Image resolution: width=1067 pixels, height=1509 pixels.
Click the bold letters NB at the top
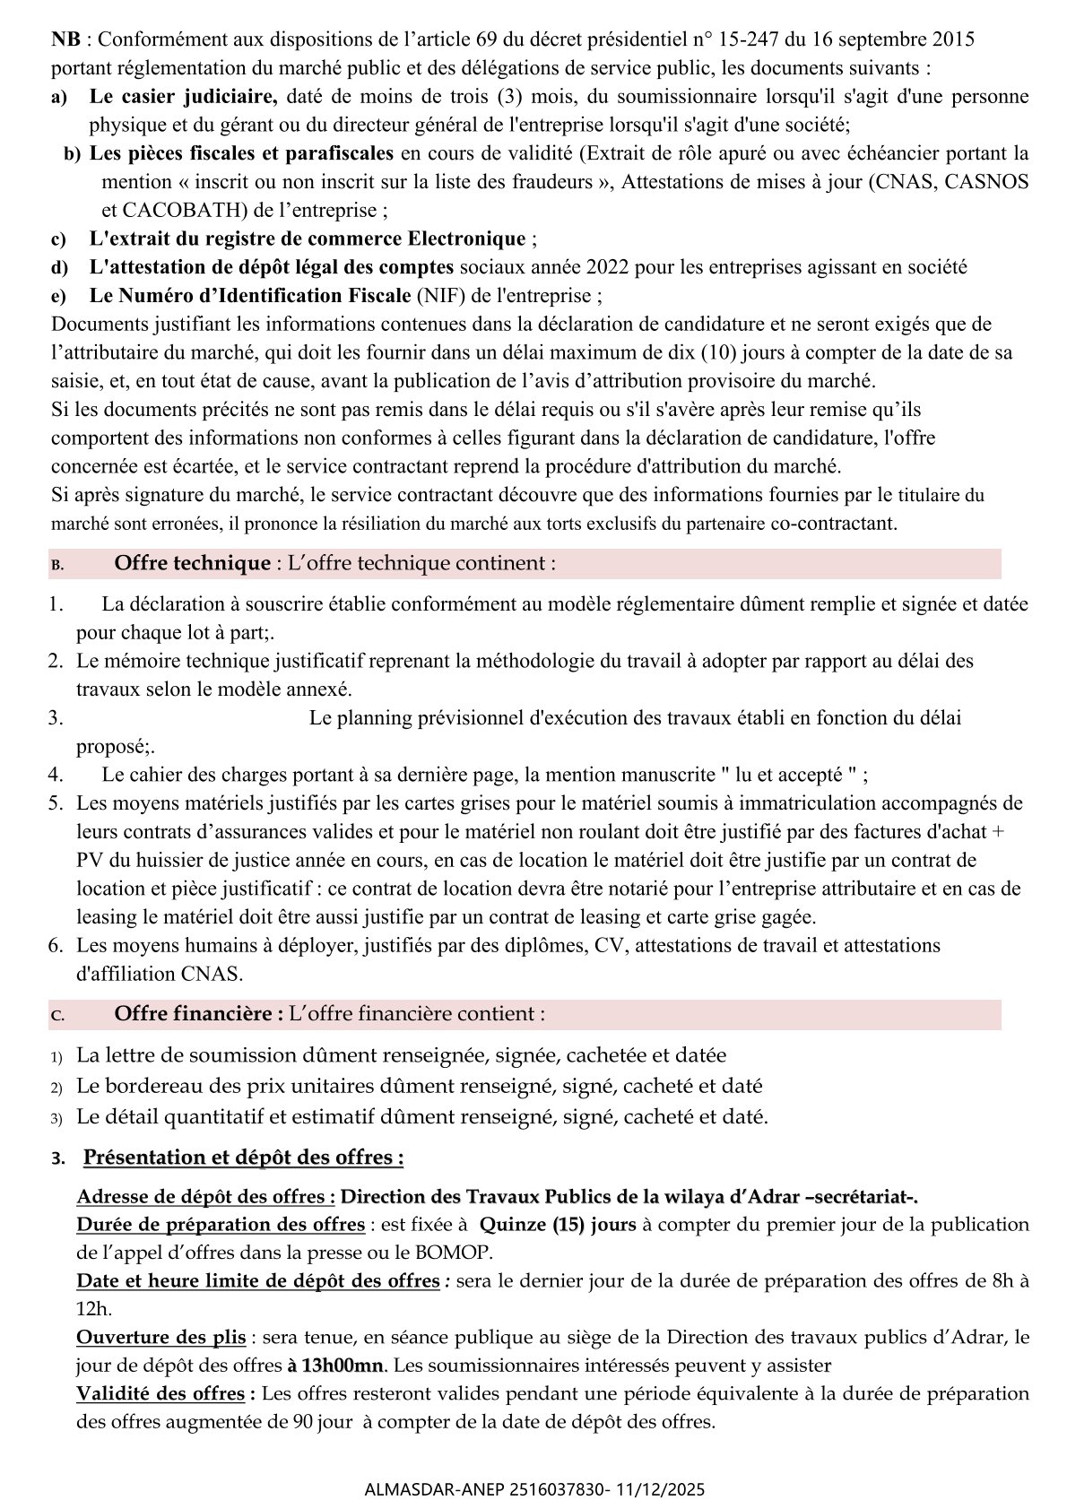click(64, 39)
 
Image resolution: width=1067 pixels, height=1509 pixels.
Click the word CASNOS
click(990, 182)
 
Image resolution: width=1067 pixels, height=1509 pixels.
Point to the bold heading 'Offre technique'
click(192, 563)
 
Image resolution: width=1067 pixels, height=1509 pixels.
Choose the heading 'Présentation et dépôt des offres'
click(242, 1158)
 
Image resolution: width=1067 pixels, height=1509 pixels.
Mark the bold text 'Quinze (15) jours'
click(557, 1225)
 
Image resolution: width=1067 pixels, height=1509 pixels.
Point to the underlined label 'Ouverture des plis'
click(161, 1337)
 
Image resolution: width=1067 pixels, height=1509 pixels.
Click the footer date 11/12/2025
click(661, 1489)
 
